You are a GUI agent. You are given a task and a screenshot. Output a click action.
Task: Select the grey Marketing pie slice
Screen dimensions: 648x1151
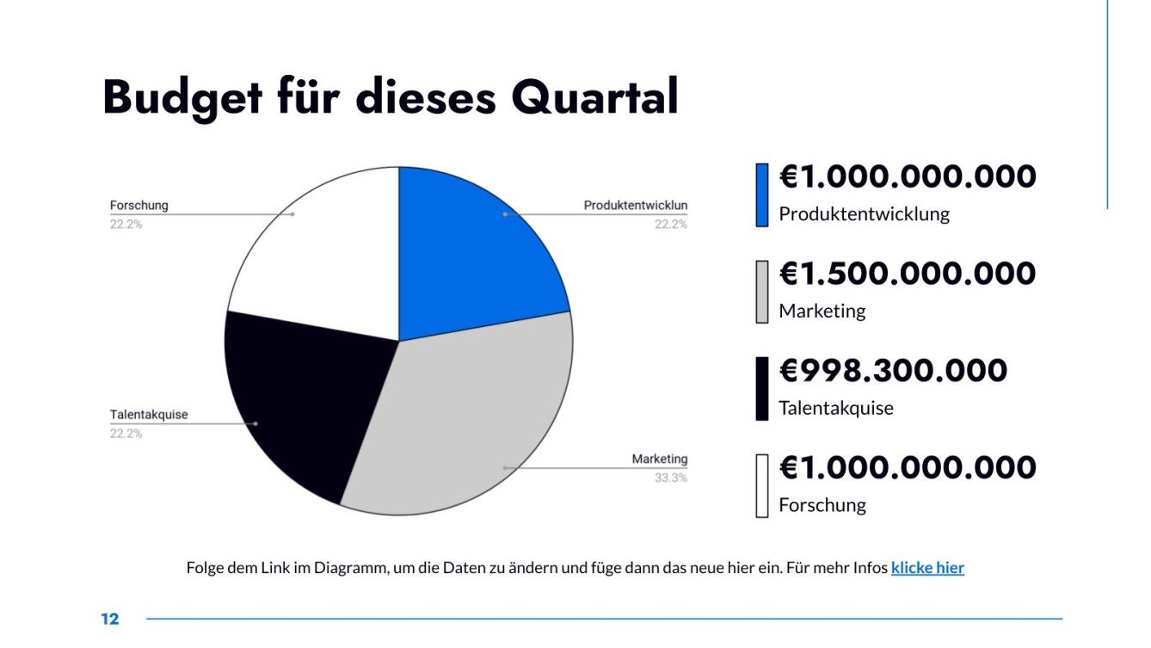tap(465, 422)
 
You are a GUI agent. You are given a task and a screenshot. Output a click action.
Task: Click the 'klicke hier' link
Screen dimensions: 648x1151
tap(927, 568)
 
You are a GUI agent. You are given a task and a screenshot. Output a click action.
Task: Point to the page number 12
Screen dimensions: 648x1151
tap(109, 620)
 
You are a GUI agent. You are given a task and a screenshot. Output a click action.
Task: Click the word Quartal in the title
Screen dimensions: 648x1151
tap(594, 97)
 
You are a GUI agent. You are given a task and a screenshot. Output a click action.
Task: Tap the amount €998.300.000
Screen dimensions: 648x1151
tap(893, 371)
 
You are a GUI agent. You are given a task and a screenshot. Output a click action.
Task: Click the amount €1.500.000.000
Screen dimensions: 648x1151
tap(908, 274)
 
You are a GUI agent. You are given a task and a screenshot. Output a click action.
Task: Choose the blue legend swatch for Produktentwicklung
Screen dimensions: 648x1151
tap(761, 195)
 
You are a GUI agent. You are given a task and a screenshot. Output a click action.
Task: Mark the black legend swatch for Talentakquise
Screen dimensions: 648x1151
tap(761, 389)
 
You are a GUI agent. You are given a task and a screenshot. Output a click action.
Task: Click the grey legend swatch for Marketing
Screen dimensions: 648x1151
tap(761, 292)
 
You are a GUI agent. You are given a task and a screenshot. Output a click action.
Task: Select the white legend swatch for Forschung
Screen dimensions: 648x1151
tap(761, 486)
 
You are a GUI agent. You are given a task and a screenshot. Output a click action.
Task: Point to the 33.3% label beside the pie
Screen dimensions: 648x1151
tap(670, 478)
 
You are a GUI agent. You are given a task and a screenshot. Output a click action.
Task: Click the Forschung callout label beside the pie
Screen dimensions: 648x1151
tap(139, 206)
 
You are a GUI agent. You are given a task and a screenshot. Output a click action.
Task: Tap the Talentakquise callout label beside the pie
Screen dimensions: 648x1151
tap(148, 415)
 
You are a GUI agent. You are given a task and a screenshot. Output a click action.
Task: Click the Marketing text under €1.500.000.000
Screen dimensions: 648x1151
tap(822, 312)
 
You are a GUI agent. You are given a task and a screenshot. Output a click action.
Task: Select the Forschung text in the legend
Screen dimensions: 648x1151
tap(822, 505)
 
